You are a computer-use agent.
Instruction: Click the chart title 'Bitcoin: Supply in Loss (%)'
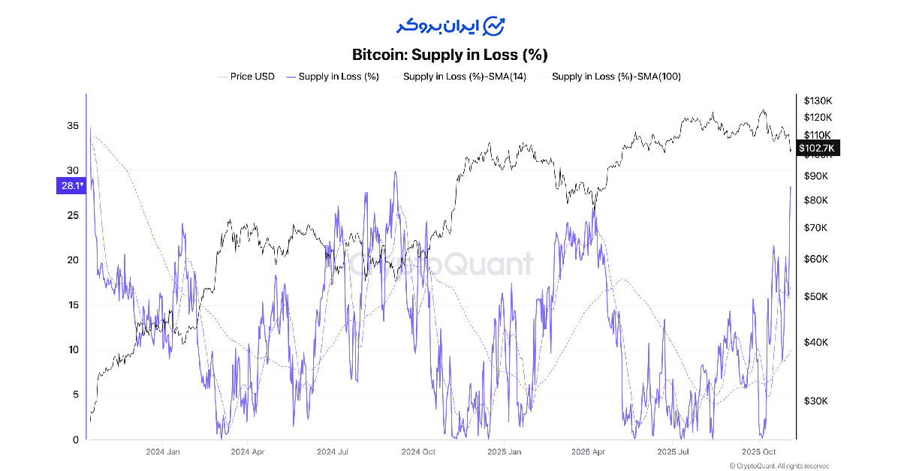pyautogui.click(x=450, y=55)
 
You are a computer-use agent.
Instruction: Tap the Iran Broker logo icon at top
pyautogui.click(x=493, y=25)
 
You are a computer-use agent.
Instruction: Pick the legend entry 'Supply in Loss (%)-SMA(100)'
pyautogui.click(x=616, y=76)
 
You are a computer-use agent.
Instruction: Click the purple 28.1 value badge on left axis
pyautogui.click(x=71, y=186)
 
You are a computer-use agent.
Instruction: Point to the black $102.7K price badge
pyautogui.click(x=818, y=148)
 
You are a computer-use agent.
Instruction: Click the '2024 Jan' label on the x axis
pyautogui.click(x=163, y=452)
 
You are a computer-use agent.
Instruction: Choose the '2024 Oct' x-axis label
pyautogui.click(x=418, y=452)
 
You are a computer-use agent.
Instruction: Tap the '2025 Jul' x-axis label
pyautogui.click(x=673, y=452)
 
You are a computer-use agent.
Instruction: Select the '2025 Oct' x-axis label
pyautogui.click(x=758, y=452)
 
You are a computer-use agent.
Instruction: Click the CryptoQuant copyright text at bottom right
pyautogui.click(x=776, y=466)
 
